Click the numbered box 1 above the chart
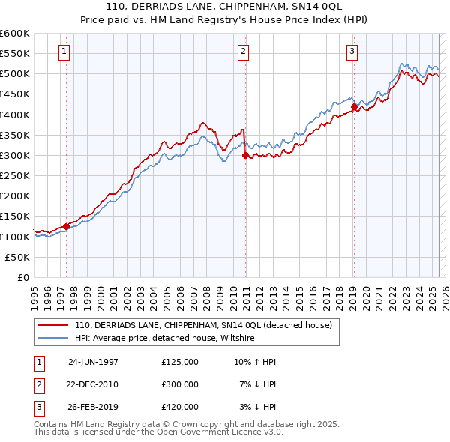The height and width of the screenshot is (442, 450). point(64,52)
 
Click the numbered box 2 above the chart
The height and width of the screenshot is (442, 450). point(244,52)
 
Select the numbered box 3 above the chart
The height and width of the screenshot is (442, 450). point(352,52)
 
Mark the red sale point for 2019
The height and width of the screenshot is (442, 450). point(354,106)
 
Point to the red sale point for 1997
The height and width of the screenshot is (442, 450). point(66,225)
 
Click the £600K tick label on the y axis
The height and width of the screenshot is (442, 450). point(15,34)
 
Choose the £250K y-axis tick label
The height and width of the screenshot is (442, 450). point(15,175)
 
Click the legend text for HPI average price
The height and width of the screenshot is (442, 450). point(165,339)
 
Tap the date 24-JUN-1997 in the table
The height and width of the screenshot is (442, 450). point(93,362)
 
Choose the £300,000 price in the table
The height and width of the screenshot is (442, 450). point(180,384)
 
